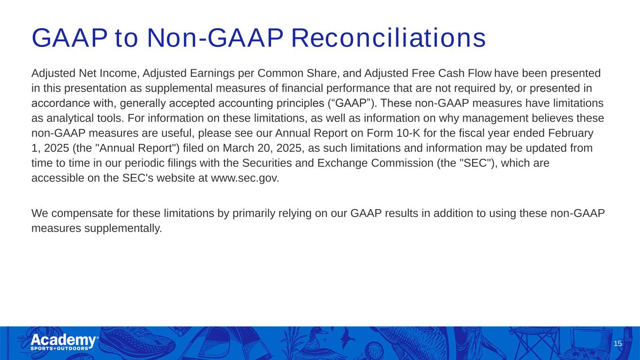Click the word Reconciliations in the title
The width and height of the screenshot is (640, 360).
(388, 38)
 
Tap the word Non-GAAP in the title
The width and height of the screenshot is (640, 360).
(215, 38)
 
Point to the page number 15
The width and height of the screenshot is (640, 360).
(617, 344)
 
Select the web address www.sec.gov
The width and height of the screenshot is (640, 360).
(245, 178)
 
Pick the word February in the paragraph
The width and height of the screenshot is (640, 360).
(571, 134)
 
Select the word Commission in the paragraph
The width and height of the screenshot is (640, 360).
(402, 163)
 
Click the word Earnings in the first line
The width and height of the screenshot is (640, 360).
(212, 74)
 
